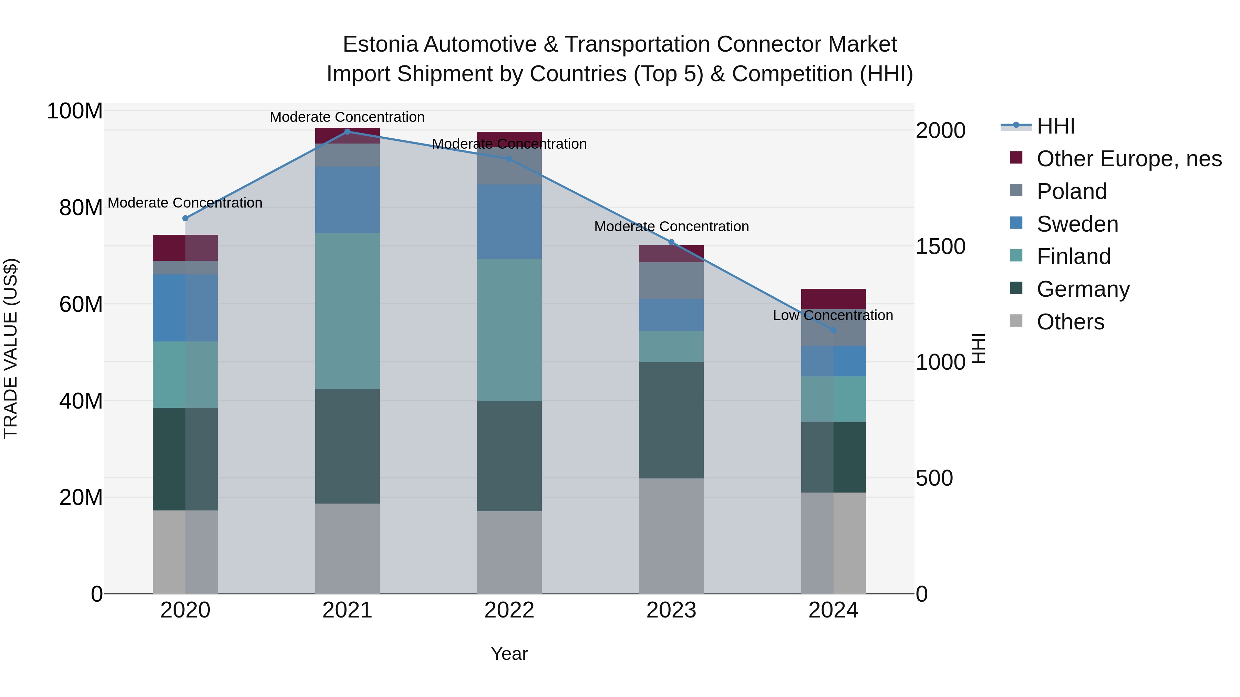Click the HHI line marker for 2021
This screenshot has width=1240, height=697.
[x=347, y=132]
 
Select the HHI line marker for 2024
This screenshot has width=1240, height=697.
[x=833, y=330]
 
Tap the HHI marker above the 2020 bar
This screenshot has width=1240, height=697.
[x=185, y=218]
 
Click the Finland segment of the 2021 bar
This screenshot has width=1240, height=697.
[x=347, y=311]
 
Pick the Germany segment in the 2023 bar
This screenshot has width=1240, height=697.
[x=671, y=420]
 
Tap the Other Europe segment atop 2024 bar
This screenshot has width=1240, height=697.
[x=833, y=299]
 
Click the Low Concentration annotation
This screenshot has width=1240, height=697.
[x=833, y=316]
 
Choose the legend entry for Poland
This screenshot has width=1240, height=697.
[x=1072, y=191]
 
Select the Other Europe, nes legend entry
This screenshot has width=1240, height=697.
[x=1129, y=159]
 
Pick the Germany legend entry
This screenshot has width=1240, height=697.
[x=1083, y=289]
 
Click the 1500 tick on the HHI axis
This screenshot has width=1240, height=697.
[x=940, y=246]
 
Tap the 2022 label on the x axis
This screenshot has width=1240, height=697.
[x=509, y=610]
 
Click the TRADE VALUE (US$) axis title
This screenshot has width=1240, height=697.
[x=11, y=348]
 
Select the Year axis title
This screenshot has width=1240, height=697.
[x=509, y=654]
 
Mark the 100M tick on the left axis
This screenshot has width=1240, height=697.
[x=75, y=111]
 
